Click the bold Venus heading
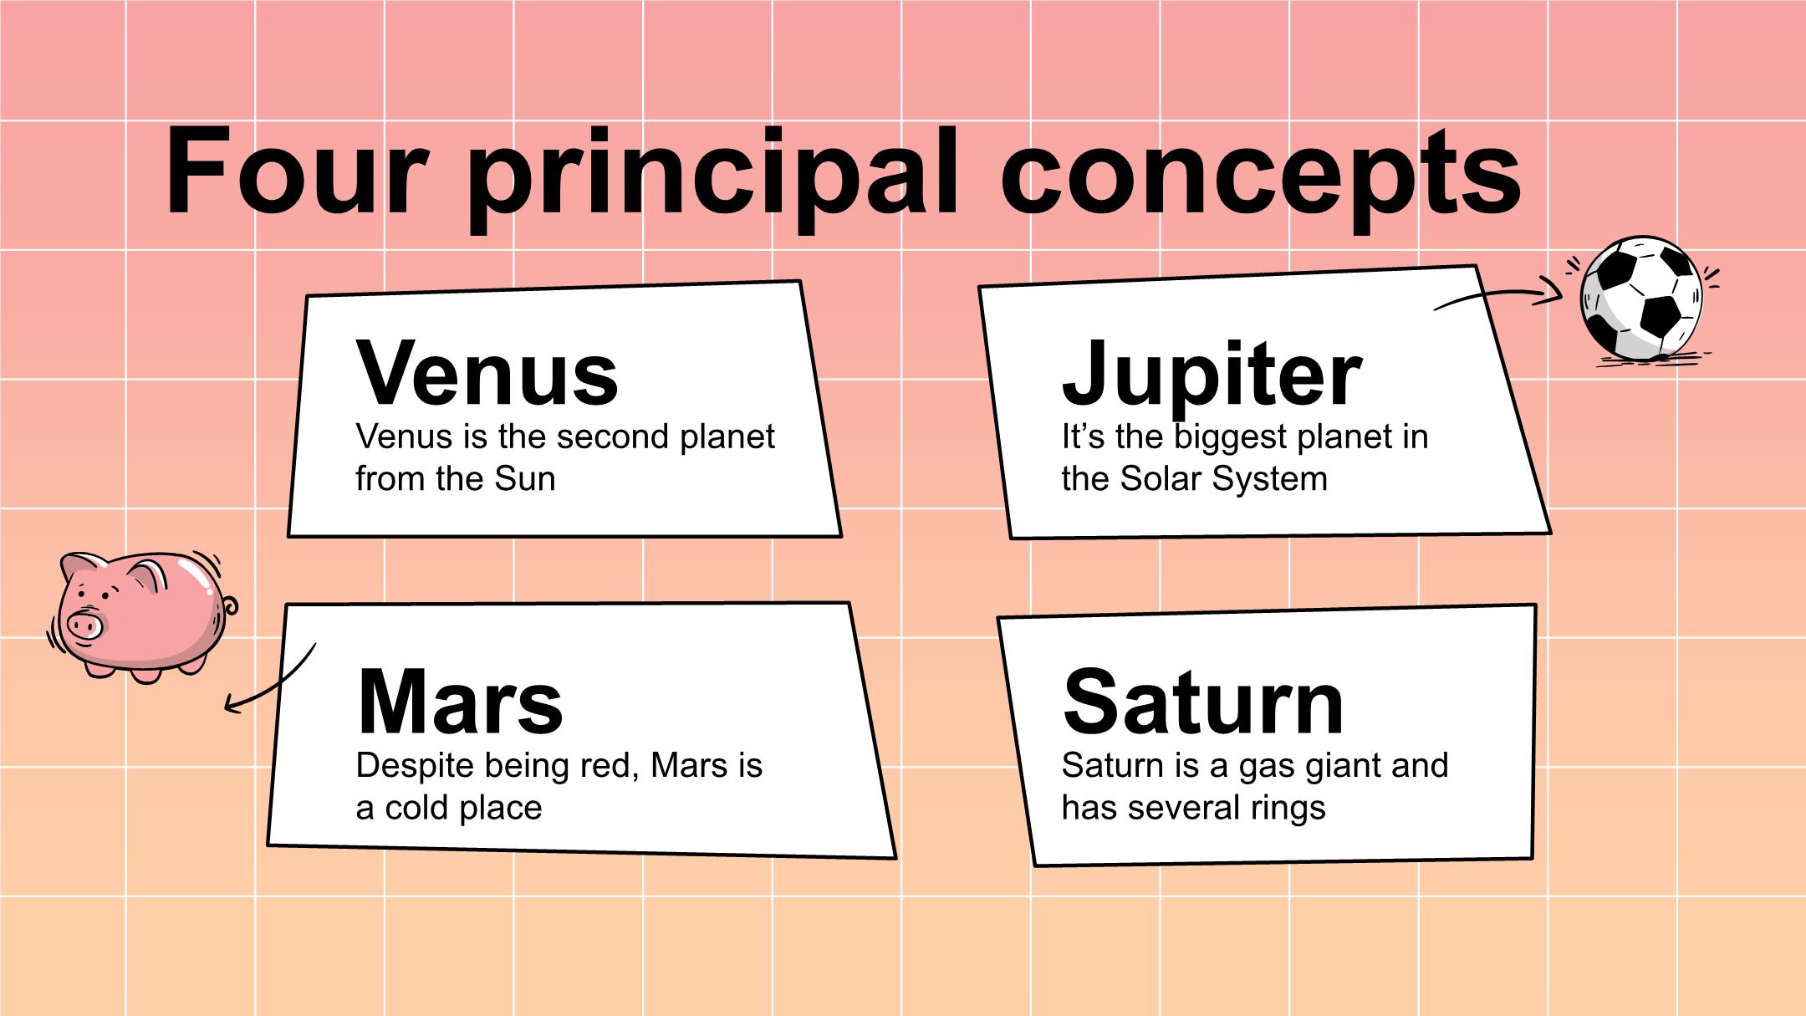click(x=487, y=372)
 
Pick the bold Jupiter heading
click(x=1212, y=378)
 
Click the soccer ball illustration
click(x=1640, y=299)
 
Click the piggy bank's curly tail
click(x=228, y=606)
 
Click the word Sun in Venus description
click(x=524, y=479)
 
